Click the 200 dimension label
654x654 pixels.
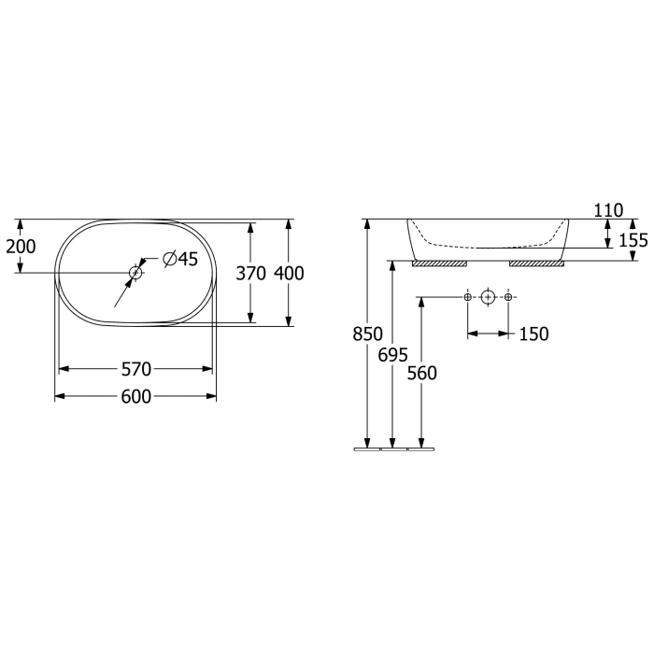pos(21,246)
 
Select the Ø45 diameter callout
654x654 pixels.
pos(179,260)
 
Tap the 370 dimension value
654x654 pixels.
pos(250,274)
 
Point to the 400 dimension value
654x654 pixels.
pos(290,274)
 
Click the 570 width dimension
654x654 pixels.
pos(136,369)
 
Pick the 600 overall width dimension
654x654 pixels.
pos(136,397)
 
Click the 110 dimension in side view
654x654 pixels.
pos(608,210)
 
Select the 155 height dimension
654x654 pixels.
pos(633,240)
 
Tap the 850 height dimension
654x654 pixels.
pos(369,334)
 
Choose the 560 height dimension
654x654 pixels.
pos(422,373)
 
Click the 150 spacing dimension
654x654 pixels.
pos(534,334)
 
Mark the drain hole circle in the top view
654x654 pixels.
pos(135,273)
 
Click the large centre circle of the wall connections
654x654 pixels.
pos(488,297)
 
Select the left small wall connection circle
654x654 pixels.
pos(468,297)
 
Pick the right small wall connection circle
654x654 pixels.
pos(508,297)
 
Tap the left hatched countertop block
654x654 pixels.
pos(440,263)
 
